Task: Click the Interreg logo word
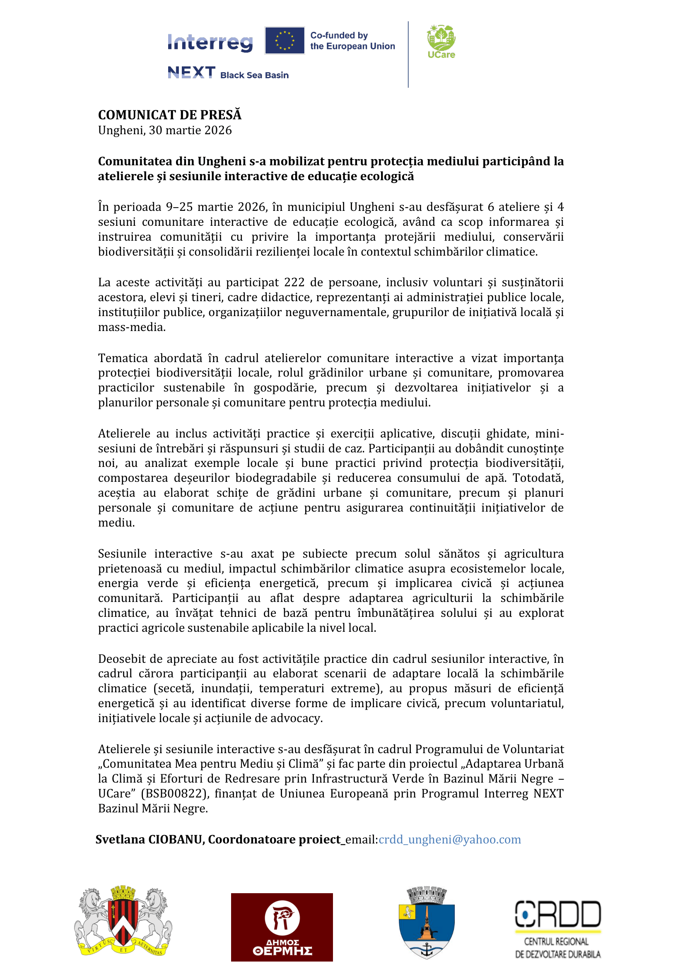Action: pyautogui.click(x=210, y=42)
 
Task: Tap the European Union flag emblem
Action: pyautogui.click(x=285, y=41)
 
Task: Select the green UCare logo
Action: pyautogui.click(x=441, y=41)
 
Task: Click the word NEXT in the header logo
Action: pyautogui.click(x=191, y=72)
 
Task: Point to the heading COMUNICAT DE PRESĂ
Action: pyautogui.click(x=169, y=115)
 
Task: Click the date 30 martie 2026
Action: pyautogui.click(x=190, y=130)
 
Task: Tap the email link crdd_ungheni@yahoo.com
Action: pyautogui.click(x=450, y=839)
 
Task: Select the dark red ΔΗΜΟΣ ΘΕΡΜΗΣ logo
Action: pyautogui.click(x=282, y=927)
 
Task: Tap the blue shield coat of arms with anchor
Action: pyautogui.click(x=427, y=922)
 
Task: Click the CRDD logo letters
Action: pyautogui.click(x=557, y=914)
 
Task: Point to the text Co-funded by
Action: pyautogui.click(x=339, y=36)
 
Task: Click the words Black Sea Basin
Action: pyautogui.click(x=254, y=75)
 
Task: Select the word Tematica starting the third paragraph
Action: pyautogui.click(x=122, y=358)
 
